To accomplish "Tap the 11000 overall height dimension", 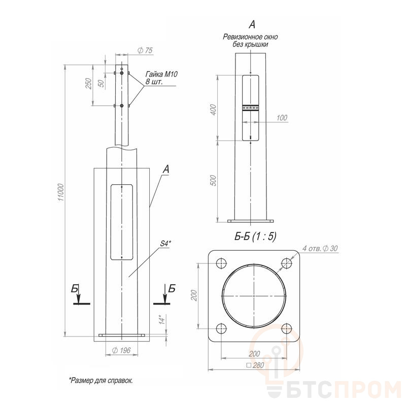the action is [60, 192].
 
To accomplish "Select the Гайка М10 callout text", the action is [162, 74].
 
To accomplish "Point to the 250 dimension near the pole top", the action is [89, 84].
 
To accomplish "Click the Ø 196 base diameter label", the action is [121, 351].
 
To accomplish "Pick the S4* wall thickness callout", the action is [166, 244].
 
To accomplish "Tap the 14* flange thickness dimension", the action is [161, 320].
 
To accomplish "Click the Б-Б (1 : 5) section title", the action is [255, 236].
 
